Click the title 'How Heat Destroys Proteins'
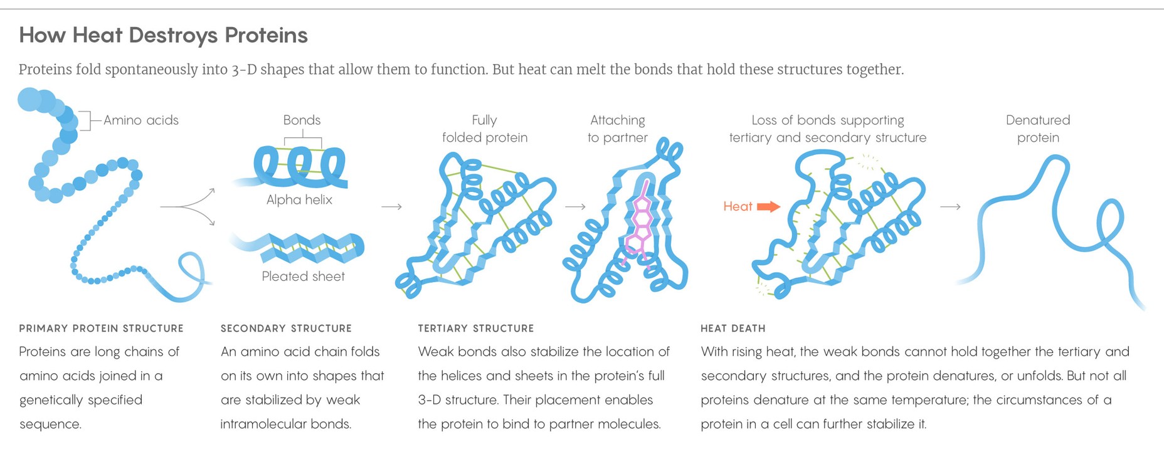(163, 35)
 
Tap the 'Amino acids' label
(140, 120)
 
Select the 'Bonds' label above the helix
(302, 120)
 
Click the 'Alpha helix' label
(299, 200)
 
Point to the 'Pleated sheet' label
(303, 277)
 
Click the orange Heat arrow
(768, 206)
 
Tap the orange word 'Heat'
(738, 206)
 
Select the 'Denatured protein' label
(1038, 129)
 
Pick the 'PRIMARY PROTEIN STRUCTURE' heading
(101, 329)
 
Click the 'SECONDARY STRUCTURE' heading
(286, 329)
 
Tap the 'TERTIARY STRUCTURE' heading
(476, 329)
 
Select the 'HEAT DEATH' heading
(733, 329)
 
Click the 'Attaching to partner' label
(618, 129)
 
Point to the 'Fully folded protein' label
(485, 129)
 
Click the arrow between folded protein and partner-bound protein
(575, 206)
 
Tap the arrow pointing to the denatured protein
(950, 206)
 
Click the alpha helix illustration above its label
(300, 166)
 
